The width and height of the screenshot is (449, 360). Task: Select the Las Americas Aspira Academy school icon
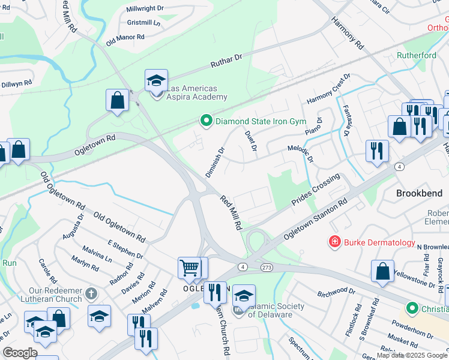(155, 80)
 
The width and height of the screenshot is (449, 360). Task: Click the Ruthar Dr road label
(226, 59)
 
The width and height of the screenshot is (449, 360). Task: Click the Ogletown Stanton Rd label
(316, 220)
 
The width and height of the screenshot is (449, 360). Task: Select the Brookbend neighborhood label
(419, 193)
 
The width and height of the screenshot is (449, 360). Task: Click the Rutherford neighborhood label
(416, 55)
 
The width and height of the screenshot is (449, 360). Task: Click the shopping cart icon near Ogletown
(189, 268)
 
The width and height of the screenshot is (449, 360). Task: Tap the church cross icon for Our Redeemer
(91, 293)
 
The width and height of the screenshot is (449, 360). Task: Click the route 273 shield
(266, 266)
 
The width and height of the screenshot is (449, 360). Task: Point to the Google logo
(20, 353)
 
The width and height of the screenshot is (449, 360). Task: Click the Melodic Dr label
(301, 154)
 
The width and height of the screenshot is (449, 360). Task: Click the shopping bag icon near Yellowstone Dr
(382, 271)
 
